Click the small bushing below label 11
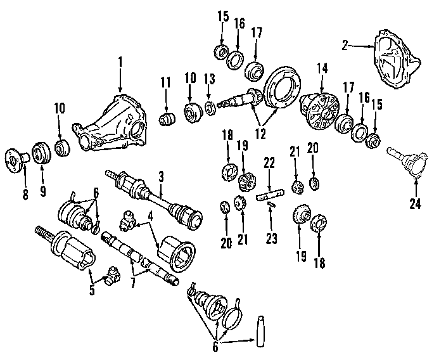167,119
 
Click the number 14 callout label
322,67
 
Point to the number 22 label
269,163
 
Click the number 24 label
415,203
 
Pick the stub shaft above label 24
409,161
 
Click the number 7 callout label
133,283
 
